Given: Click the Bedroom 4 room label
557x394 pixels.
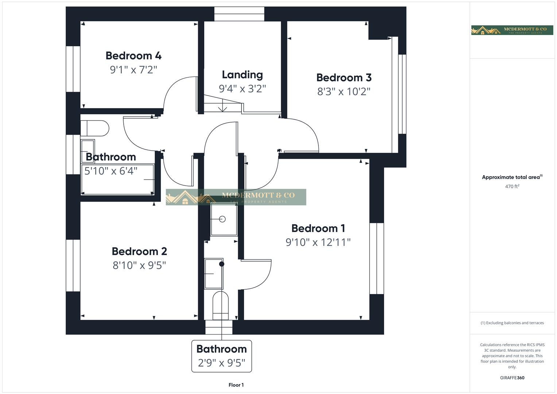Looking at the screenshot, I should point(133,56).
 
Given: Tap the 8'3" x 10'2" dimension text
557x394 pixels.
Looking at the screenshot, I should point(344,91).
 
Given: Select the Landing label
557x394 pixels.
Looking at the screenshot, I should point(242,75).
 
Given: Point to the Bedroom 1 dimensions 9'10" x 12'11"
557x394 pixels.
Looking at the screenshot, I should point(318,242).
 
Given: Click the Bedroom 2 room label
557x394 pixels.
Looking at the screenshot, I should point(139,251).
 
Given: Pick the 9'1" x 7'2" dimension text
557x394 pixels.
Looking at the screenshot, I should point(133,70).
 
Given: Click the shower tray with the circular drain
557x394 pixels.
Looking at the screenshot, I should point(224,219).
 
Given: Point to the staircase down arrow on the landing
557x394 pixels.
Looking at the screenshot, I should point(223,108).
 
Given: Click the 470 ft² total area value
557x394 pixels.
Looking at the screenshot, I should point(512,186).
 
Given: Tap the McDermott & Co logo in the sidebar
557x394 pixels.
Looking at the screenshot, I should point(512,30).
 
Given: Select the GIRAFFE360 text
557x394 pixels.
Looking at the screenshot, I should point(512,378).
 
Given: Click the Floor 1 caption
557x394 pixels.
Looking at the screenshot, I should point(236,385).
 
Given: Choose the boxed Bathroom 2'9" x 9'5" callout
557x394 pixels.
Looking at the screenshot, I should point(221,356).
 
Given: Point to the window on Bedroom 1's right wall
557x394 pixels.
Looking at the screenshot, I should point(376,258).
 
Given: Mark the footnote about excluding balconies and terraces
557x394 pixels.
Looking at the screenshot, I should point(512,323).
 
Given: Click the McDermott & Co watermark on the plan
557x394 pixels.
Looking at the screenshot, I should point(236,197).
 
